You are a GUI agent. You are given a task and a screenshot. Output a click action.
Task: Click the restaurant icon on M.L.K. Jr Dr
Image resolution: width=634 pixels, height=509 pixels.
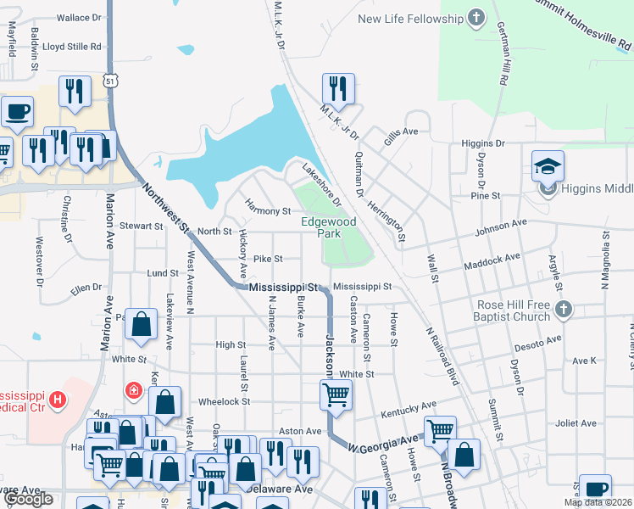coord(337,87)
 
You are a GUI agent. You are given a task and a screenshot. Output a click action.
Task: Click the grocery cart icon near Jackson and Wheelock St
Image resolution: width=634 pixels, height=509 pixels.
coord(336,394)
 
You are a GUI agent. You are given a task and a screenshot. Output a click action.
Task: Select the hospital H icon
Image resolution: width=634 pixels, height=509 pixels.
coord(57,398)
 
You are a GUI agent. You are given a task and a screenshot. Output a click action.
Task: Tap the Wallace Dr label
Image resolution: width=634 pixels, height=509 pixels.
coord(79,17)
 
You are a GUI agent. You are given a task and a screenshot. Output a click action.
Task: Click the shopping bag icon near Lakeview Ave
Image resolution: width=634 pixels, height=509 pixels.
coord(142,323)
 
